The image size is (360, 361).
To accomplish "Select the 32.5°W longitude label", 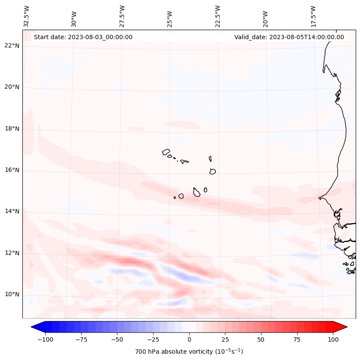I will pyautogui.click(x=27, y=16).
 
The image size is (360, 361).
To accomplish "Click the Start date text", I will pyautogui.click(x=83, y=37).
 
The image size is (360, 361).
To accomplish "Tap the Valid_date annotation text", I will pyautogui.click(x=289, y=37).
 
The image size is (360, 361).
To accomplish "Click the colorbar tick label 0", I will pyautogui.click(x=189, y=339).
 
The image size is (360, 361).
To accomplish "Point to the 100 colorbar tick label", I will pyautogui.click(x=333, y=339).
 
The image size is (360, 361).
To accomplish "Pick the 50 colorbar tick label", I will pyautogui.click(x=261, y=339).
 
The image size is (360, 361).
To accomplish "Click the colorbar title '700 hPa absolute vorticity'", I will pyautogui.click(x=189, y=352).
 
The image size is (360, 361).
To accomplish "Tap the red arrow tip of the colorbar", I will pyautogui.click(x=343, y=327).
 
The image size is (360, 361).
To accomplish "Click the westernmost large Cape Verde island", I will pyautogui.click(x=166, y=152).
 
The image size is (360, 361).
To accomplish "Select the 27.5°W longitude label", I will pyautogui.click(x=122, y=16).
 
